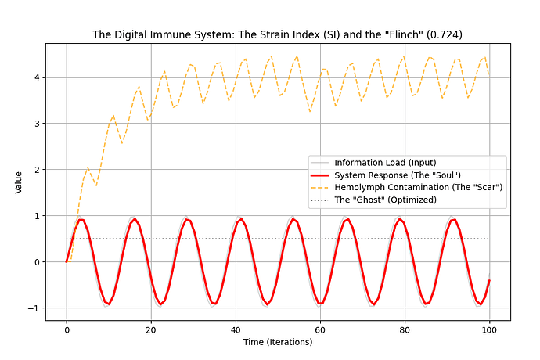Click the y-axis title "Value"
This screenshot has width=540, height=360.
[19, 182]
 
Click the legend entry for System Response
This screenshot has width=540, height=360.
[397, 175]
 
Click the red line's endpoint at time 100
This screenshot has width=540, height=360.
[489, 280]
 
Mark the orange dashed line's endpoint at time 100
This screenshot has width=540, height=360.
[489, 76]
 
